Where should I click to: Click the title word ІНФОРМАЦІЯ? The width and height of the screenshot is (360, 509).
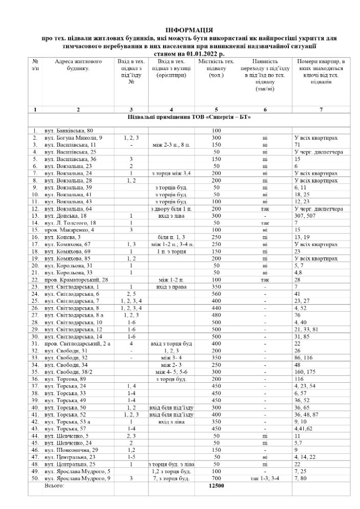[x=189, y=31]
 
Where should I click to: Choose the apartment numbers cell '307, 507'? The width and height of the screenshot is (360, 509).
[x=306, y=216]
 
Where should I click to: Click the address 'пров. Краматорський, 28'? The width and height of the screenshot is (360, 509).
[x=76, y=280]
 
